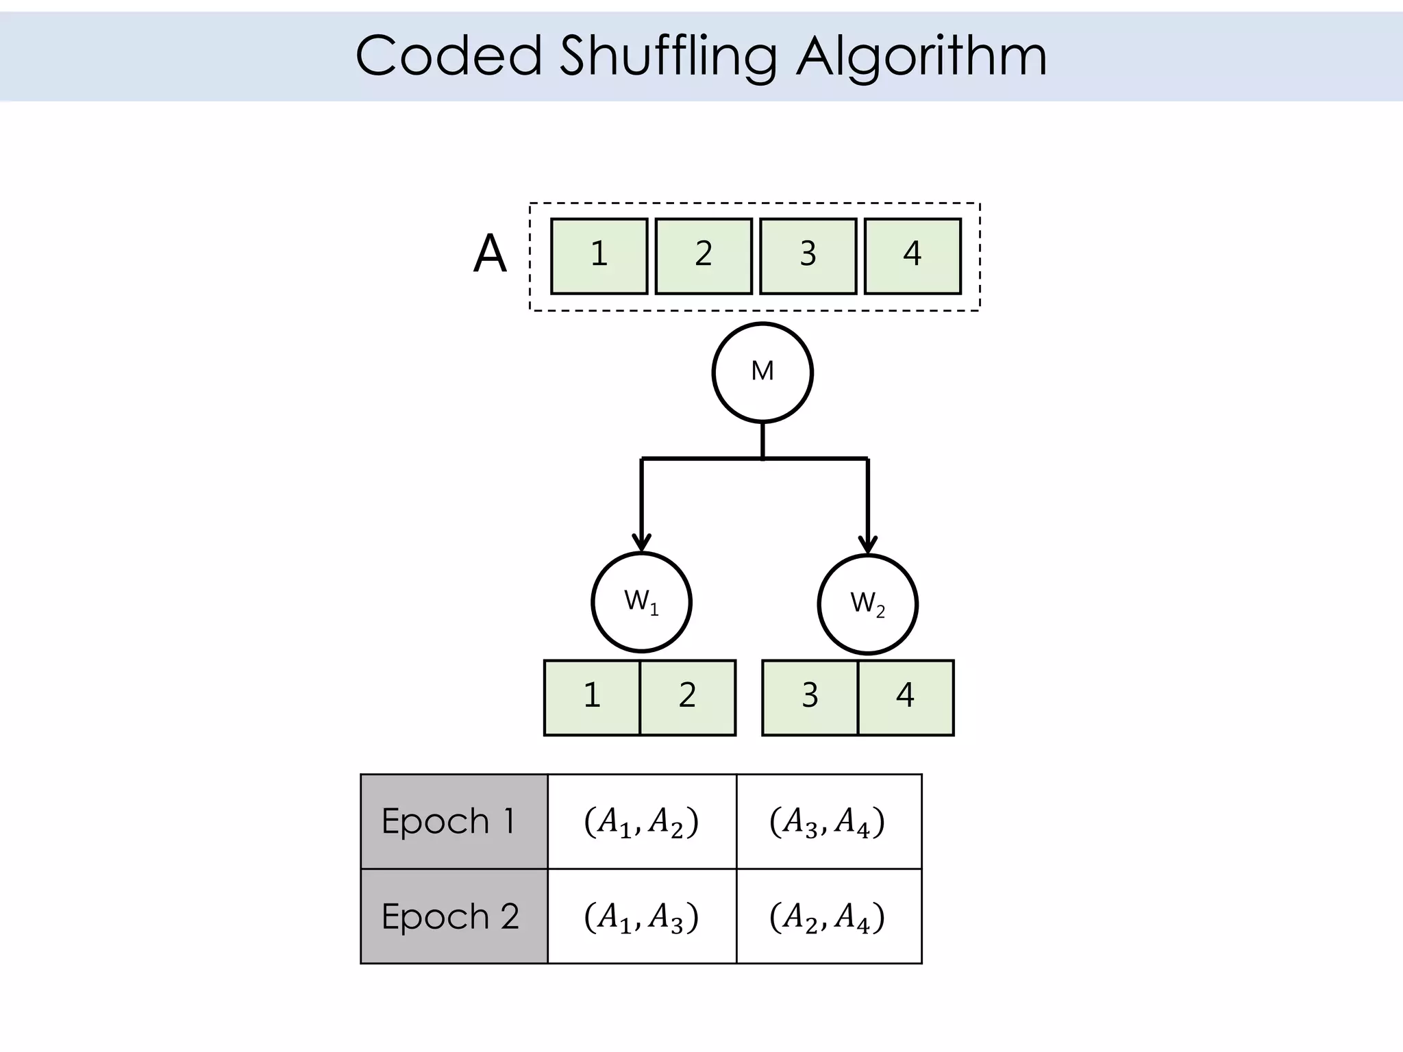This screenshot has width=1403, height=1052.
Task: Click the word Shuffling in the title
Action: [x=668, y=56]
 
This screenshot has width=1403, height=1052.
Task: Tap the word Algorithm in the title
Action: [x=921, y=56]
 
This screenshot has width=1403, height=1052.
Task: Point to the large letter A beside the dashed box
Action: [x=490, y=254]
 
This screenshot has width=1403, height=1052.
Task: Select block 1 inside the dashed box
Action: [x=599, y=256]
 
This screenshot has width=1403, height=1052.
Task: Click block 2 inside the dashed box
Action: [x=704, y=256]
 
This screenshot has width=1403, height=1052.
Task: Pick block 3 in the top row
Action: [x=808, y=256]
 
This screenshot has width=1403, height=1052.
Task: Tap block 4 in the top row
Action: [x=912, y=256]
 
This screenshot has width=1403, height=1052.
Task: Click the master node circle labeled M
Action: [x=762, y=373]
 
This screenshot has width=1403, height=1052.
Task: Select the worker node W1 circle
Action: [x=641, y=602]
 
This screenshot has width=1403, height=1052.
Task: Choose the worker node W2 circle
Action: [x=867, y=604]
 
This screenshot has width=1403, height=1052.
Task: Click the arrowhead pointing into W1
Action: [x=641, y=543]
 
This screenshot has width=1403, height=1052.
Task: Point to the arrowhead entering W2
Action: [x=868, y=545]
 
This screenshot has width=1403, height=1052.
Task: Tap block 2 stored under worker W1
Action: [x=688, y=697]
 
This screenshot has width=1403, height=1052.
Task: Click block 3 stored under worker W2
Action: [x=810, y=697]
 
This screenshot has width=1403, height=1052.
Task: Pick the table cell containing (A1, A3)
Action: [x=642, y=916]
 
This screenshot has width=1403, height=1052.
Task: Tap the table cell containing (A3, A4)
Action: [x=828, y=821]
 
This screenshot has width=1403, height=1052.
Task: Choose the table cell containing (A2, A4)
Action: [x=828, y=916]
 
